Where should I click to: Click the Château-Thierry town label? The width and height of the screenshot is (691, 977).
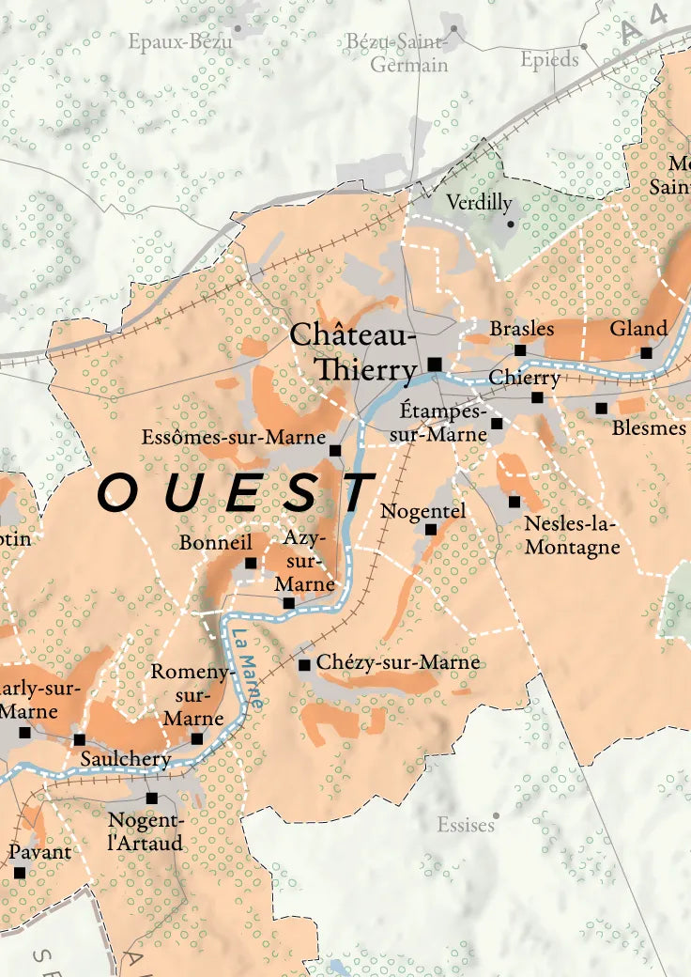click(353, 351)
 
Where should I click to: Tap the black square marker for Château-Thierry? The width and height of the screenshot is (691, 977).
click(434, 364)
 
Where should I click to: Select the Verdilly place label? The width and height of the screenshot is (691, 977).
click(479, 202)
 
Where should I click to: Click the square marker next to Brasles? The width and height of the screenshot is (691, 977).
click(520, 350)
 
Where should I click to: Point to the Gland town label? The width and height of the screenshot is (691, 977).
click(638, 329)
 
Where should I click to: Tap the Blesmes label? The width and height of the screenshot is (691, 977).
click(649, 428)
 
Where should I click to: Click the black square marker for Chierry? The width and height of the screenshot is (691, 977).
click(537, 397)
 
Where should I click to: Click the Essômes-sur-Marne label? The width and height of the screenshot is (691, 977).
click(234, 437)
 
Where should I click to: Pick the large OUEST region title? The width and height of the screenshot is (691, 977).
click(235, 493)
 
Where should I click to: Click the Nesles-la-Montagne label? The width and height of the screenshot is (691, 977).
click(572, 535)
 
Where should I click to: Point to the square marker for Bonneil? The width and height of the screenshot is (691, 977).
click(251, 564)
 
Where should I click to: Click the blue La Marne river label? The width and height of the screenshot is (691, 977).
click(247, 666)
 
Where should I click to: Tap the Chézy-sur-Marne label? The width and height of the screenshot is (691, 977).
click(398, 662)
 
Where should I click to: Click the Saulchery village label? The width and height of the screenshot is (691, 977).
click(126, 759)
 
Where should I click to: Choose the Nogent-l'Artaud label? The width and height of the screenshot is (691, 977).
click(146, 831)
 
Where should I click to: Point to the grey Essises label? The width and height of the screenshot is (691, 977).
click(466, 825)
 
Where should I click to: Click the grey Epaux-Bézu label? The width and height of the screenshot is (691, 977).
click(180, 40)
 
